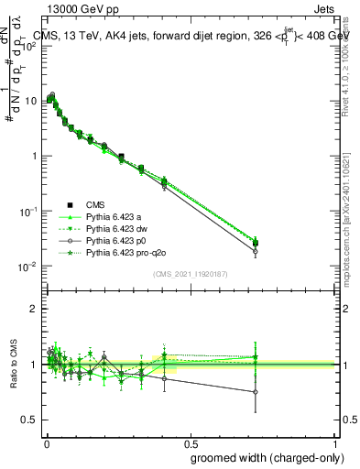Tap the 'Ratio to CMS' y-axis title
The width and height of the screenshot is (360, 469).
12,376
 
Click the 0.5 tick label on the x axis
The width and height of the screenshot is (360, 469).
190,443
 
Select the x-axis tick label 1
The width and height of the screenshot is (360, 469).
334,443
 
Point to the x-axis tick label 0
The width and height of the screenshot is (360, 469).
47,443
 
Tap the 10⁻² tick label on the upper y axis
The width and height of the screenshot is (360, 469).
28,267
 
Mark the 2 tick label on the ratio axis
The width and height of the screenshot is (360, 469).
34,309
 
